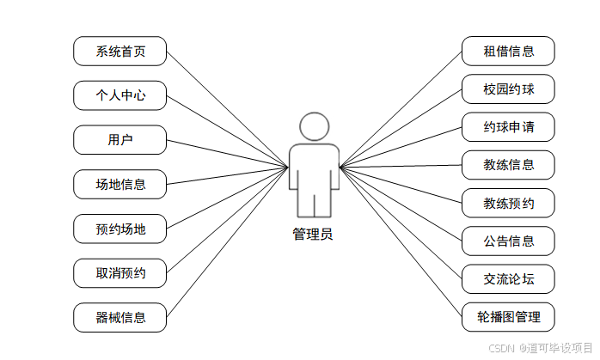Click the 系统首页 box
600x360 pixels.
tap(119, 52)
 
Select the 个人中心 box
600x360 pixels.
tap(119, 95)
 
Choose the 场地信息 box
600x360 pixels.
tap(119, 184)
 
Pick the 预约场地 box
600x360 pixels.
tap(119, 229)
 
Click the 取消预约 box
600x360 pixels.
tap(119, 273)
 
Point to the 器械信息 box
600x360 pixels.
tap(119, 317)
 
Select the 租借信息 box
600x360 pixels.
tap(508, 52)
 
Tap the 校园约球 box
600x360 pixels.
tap(508, 88)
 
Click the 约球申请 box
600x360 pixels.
tap(508, 127)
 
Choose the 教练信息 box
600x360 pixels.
tap(508, 165)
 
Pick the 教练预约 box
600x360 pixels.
tap(508, 204)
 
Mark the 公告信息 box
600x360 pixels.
tap(508, 241)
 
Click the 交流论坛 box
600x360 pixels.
tap(508, 279)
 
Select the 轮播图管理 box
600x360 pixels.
tap(508, 317)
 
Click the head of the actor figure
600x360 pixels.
tap(314, 126)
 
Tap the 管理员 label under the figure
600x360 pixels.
tap(313, 235)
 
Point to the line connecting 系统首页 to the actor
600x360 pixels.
tap(226, 108)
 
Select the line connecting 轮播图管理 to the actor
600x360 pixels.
tap(401, 241)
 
